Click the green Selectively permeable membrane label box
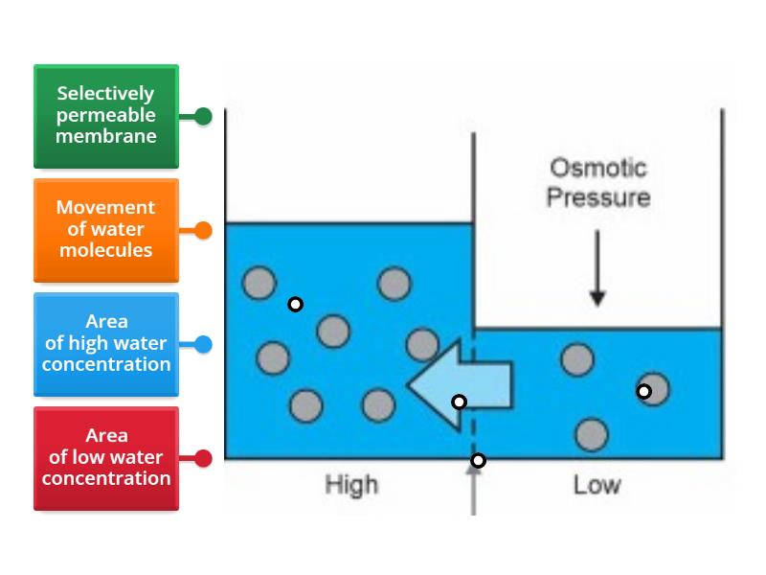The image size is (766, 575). [105, 116]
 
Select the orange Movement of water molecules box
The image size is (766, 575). [105, 230]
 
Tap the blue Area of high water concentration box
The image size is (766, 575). [105, 344]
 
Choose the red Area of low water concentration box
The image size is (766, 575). [105, 458]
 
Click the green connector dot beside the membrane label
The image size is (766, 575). [203, 116]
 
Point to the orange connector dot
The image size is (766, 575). [203, 230]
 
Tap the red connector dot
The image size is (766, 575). [203, 458]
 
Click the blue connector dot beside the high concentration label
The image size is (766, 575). [203, 344]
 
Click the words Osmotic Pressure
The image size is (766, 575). [598, 183]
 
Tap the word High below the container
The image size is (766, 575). [351, 485]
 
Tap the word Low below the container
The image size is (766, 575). [597, 485]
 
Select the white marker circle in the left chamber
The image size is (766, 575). [296, 304]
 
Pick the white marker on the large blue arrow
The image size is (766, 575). [460, 402]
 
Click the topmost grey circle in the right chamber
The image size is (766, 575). [577, 360]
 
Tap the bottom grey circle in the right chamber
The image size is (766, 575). [592, 434]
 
